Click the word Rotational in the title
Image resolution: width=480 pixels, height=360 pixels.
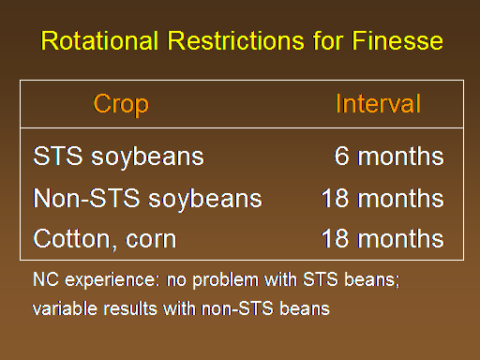tap(99, 40)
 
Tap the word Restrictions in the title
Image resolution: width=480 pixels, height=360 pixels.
tap(235, 40)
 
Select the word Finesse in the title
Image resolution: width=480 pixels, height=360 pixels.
tap(397, 40)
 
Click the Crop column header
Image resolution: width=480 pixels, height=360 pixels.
tap(121, 105)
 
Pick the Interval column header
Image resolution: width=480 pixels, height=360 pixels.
tap(378, 103)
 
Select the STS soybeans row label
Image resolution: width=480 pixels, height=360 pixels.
tap(118, 157)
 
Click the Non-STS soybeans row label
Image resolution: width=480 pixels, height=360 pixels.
tap(147, 199)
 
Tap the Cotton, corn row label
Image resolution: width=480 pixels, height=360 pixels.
tap(105, 239)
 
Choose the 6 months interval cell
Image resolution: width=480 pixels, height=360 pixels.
tap(389, 156)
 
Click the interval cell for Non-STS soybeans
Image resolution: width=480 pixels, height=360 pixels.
tap(382, 198)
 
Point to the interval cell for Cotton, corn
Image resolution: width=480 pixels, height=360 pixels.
tap(382, 238)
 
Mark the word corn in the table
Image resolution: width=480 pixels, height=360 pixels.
tap(151, 240)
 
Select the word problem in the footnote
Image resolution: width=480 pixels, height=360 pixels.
tap(225, 280)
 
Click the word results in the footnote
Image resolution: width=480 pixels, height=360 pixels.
tap(130, 308)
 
